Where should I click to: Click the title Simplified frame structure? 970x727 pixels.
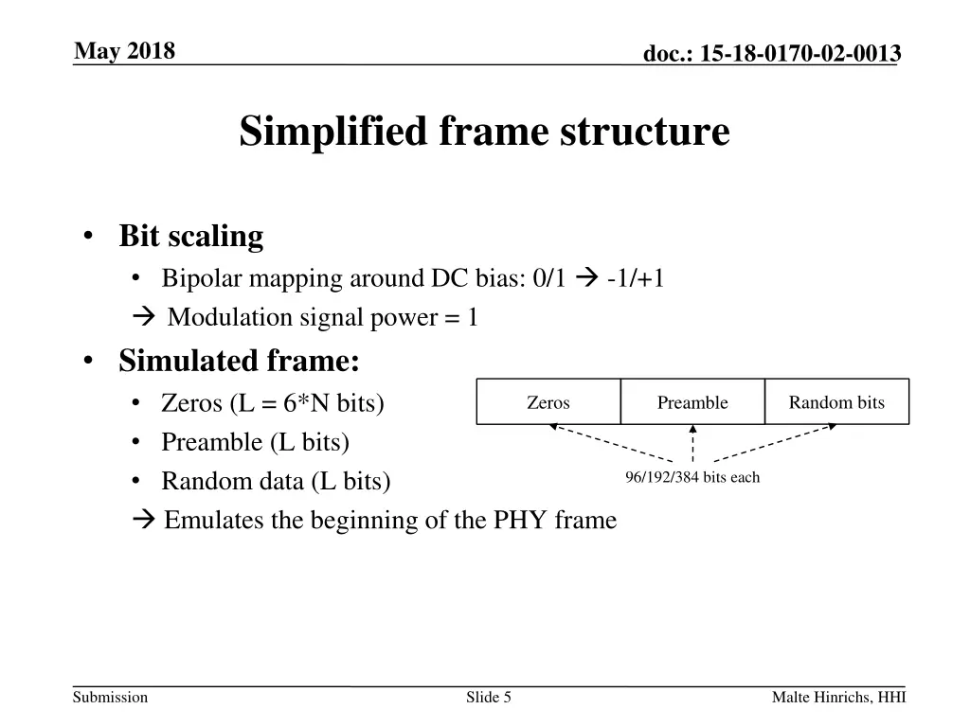point(484,132)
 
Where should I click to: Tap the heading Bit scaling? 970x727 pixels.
point(190,236)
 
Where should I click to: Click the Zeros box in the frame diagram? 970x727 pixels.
point(548,402)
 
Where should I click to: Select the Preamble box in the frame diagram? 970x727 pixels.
point(692,402)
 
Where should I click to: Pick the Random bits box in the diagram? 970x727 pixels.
point(836,402)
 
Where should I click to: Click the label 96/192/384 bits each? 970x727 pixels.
point(692,477)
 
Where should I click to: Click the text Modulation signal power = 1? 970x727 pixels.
point(322,317)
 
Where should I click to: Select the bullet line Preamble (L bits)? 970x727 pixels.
point(255,442)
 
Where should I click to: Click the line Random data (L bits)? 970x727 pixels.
point(276,481)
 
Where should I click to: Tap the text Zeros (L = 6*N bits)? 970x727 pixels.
point(273,403)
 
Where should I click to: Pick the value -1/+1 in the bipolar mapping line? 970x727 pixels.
point(636,278)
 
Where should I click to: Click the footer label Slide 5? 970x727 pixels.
point(489,698)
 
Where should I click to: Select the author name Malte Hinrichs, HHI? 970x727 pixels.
point(838,698)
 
